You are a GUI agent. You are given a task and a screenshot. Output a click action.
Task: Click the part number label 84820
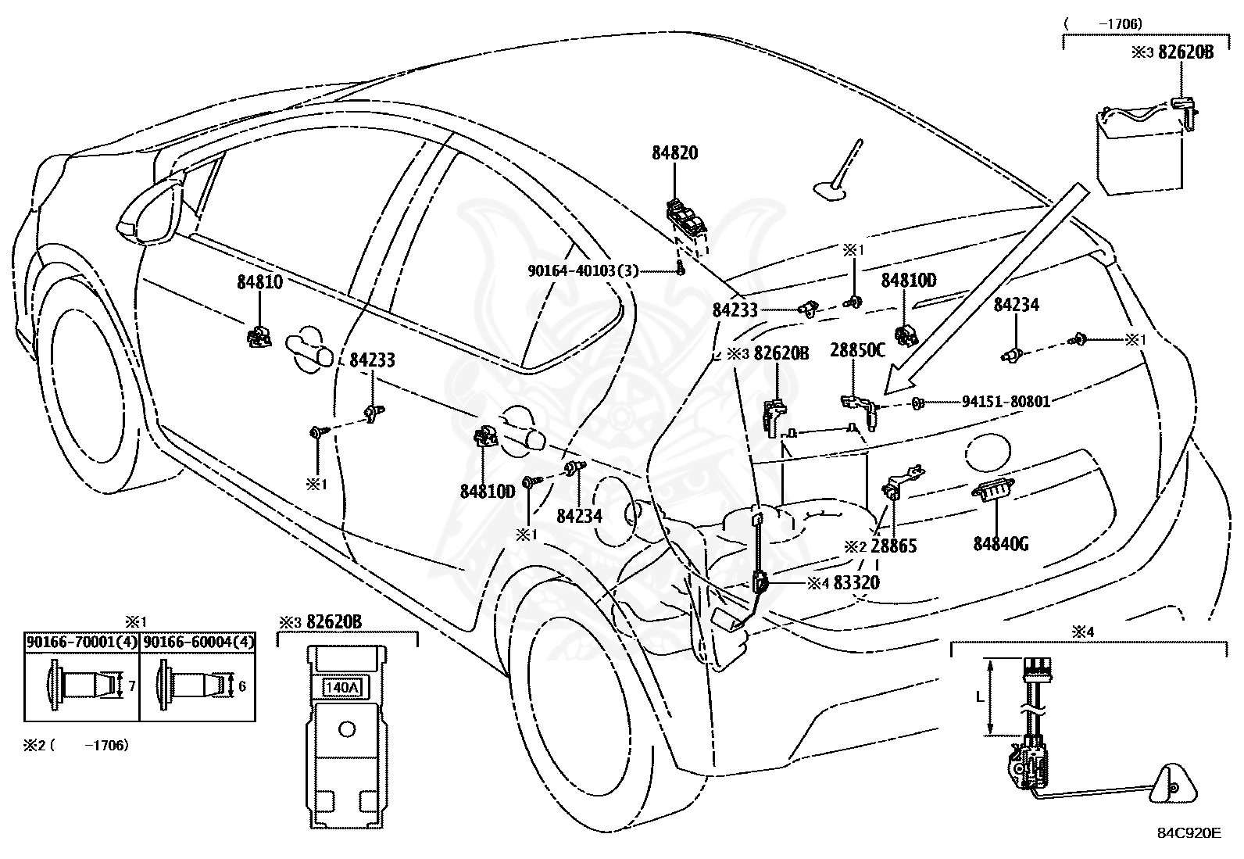click(674, 153)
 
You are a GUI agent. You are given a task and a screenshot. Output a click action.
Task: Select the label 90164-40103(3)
click(583, 271)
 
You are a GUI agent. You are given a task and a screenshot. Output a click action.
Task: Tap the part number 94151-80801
click(1006, 402)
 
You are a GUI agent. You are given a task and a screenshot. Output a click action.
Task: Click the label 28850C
click(857, 350)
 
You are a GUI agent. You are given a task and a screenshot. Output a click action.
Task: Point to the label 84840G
click(1000, 543)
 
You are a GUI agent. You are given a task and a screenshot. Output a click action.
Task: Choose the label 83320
click(856, 582)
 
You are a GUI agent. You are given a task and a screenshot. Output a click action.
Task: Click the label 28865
click(893, 546)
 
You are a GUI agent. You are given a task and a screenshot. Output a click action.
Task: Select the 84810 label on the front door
click(259, 282)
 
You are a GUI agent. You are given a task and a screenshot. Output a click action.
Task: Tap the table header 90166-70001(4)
click(82, 642)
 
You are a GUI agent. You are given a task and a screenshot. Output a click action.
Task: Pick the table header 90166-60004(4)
click(198, 642)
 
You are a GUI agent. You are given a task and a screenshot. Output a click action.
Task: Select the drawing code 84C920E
click(1189, 833)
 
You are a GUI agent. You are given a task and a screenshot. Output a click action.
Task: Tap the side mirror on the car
click(148, 211)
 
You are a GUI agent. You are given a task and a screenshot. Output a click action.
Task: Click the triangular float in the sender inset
click(1171, 782)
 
